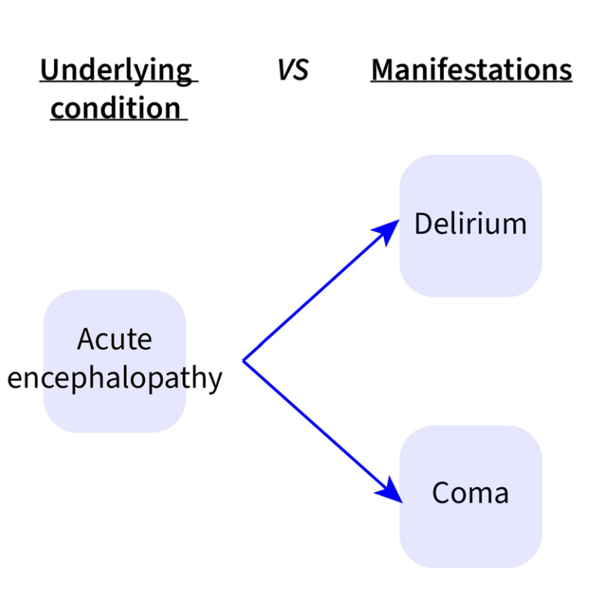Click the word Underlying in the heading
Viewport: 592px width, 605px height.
116,70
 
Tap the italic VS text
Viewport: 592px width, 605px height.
293,70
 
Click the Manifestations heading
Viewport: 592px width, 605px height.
471,70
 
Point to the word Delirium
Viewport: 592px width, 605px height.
470,224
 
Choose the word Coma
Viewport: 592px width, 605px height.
470,492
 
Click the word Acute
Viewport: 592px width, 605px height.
115,339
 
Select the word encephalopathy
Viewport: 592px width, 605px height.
115,378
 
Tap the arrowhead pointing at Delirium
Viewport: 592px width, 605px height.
388,230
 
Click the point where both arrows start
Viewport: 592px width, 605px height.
244,360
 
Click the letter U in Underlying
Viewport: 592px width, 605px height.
49,70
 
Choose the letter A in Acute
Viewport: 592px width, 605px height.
85,339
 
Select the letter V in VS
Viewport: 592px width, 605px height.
284,70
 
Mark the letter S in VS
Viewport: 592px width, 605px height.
301,70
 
